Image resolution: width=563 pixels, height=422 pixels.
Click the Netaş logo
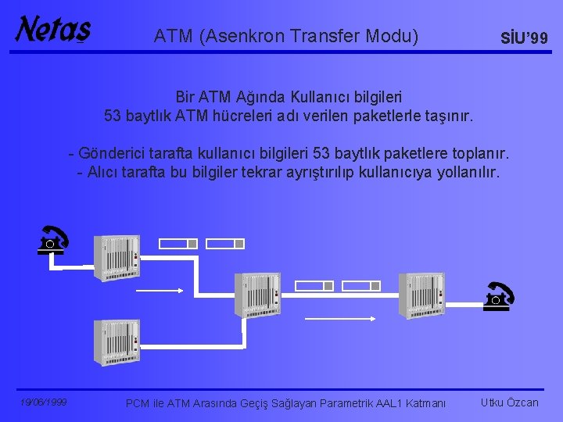coord(52,30)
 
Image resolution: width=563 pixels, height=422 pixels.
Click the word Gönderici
coord(115,152)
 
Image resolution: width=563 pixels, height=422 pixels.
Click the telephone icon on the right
coord(497,297)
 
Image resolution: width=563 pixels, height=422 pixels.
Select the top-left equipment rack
coord(117,257)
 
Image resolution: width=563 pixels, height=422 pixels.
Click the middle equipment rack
coord(257,295)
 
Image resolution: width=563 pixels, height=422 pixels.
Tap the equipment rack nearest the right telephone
coord(422,295)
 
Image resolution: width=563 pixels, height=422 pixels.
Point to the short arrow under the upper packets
coord(161,290)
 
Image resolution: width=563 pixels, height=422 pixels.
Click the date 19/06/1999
coord(44,402)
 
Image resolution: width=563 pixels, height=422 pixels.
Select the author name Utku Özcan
coord(510,402)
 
